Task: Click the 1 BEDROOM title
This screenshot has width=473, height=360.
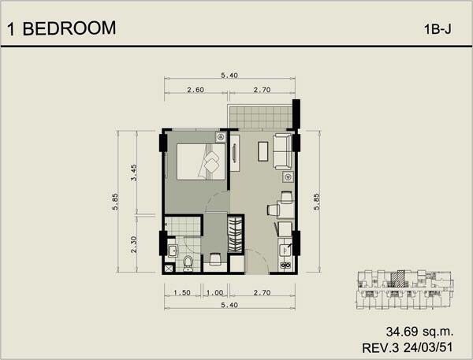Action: tap(61, 28)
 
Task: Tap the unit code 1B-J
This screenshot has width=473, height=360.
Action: tap(438, 30)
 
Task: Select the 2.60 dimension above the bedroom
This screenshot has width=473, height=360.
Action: tap(196, 90)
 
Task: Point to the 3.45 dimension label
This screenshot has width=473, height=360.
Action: tap(134, 173)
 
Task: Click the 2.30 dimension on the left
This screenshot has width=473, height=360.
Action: tap(134, 244)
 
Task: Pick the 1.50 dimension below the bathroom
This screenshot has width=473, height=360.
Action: tap(182, 292)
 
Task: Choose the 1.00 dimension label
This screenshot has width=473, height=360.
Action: tap(214, 292)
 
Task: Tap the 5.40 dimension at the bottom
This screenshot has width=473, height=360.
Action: tap(229, 305)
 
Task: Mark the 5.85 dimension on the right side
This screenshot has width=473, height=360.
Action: tap(316, 202)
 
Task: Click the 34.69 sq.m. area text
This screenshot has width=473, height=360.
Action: tap(419, 332)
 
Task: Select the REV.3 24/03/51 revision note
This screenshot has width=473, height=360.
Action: tap(408, 347)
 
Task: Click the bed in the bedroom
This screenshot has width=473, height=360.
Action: tap(201, 161)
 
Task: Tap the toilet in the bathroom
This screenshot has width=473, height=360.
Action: tap(188, 264)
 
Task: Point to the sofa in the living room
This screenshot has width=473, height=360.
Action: tap(283, 151)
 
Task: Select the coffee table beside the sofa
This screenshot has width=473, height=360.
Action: tap(263, 151)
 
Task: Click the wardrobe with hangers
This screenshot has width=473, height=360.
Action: tap(235, 235)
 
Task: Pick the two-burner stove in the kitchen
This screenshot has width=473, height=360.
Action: tap(285, 265)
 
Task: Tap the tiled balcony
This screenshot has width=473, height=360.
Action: tap(260, 117)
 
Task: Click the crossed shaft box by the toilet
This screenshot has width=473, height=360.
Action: tap(169, 269)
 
